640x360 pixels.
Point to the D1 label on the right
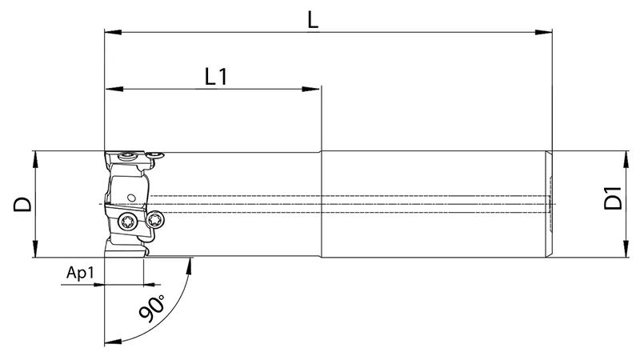point(613,198)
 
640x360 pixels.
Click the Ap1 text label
point(80,272)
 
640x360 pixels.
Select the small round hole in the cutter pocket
point(129,197)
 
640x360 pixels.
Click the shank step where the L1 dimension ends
point(322,204)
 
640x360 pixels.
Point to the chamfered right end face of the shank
point(550,204)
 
